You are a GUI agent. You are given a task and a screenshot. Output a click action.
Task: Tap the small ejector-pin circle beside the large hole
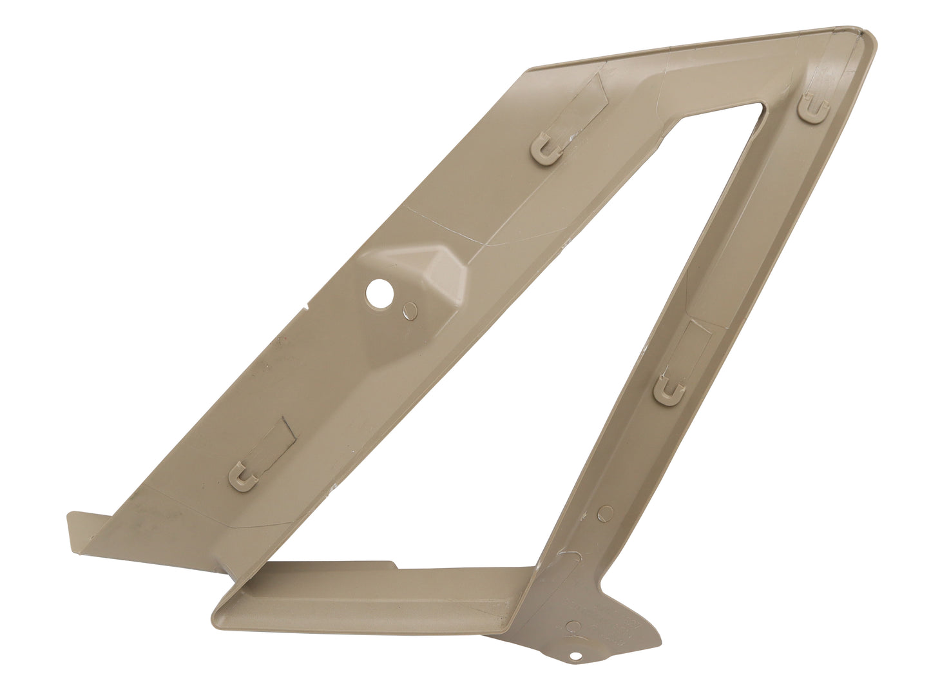coord(408,310)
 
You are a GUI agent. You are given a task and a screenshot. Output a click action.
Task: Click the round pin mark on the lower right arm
coord(605,513)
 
